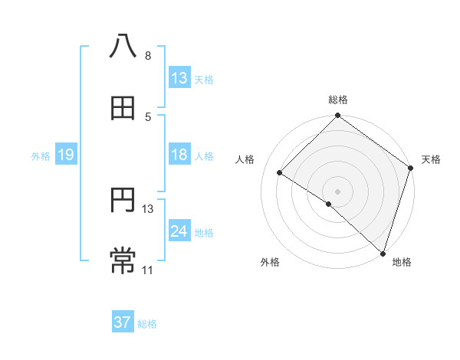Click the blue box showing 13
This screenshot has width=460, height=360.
pyautogui.click(x=179, y=77)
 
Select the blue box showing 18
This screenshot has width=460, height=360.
pyautogui.click(x=179, y=155)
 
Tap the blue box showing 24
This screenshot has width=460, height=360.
pyautogui.click(x=179, y=231)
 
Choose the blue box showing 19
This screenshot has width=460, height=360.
pyautogui.click(x=66, y=155)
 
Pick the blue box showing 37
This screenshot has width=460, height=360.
pyautogui.click(x=123, y=322)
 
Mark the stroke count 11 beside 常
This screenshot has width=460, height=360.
pyautogui.click(x=148, y=270)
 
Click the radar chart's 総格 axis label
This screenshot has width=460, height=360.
pyautogui.click(x=338, y=100)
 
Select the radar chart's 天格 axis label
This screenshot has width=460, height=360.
pyautogui.click(x=432, y=159)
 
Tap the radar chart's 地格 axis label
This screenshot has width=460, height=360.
pyautogui.click(x=402, y=262)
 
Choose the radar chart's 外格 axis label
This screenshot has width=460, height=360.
pyautogui.click(x=270, y=262)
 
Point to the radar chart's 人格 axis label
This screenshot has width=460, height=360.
pyautogui.click(x=245, y=159)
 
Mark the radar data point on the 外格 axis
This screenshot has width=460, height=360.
pyautogui.click(x=329, y=204)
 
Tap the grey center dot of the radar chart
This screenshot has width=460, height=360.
pyautogui.click(x=338, y=191)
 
